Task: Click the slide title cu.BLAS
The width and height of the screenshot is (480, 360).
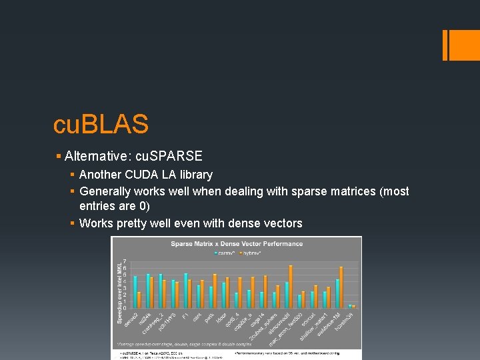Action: (x=101, y=123)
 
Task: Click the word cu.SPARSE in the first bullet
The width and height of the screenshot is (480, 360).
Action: (x=169, y=155)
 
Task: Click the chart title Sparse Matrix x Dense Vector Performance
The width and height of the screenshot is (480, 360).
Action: (x=237, y=243)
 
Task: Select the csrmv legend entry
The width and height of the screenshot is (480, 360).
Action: (x=225, y=253)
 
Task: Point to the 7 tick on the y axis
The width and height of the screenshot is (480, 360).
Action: (x=125, y=261)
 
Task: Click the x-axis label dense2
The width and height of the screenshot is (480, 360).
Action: (x=131, y=319)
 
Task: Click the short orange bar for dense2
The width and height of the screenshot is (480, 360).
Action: (x=139, y=300)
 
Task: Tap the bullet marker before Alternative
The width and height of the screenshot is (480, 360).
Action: (x=59, y=156)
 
